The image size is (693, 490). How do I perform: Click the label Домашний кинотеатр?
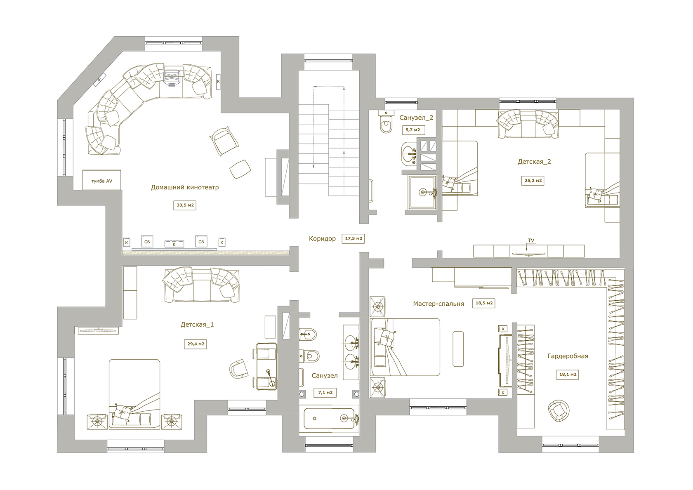pos(185,187)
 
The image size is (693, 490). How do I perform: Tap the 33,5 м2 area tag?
pos(185,205)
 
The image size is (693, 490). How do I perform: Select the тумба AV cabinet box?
pos(102,180)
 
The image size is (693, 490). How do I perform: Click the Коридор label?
pos(322,239)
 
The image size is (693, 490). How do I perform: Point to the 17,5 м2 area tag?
pos(353,238)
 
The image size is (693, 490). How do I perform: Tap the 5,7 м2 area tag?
pos(413,130)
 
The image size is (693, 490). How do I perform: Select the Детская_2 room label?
pos(534,162)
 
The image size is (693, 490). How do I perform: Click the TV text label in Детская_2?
pos(531,240)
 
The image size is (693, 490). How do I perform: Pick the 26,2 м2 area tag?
pos(533,180)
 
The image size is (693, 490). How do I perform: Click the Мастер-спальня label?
pos(438,304)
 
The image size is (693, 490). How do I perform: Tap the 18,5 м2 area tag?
pos(484,303)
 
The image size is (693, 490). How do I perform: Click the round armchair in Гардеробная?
pos(559,411)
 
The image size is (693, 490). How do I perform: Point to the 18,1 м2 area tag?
pos(568,375)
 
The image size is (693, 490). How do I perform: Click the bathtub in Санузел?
pos(329,419)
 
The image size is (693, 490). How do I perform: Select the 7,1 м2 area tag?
pos(325,393)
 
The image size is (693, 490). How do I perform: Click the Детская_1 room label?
pos(197,325)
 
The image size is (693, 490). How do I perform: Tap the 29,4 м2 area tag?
pos(196,344)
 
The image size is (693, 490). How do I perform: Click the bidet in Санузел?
pos(308,334)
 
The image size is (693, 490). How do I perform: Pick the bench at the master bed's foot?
pos(458,349)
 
